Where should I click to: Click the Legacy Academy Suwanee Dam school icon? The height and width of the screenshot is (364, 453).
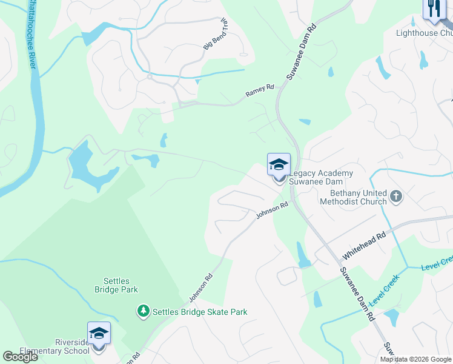click(x=279, y=165)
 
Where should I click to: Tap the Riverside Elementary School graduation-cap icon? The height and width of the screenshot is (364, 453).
click(x=99, y=334)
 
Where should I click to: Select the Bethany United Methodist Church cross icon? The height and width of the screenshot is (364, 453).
click(x=396, y=197)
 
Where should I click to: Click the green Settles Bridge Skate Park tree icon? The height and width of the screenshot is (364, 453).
click(x=143, y=312)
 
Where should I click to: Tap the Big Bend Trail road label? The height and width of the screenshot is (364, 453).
click(x=216, y=33)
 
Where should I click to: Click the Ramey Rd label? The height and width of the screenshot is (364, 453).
click(x=260, y=92)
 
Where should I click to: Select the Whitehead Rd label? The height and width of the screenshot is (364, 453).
click(x=364, y=244)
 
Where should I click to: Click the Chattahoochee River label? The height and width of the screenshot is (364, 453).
click(x=28, y=36)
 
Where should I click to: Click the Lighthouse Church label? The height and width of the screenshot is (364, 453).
click(x=425, y=33)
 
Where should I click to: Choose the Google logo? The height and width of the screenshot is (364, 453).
click(x=20, y=357)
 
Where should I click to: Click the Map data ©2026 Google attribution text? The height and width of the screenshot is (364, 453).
click(x=415, y=359)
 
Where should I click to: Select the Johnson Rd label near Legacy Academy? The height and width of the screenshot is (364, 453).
click(x=272, y=211)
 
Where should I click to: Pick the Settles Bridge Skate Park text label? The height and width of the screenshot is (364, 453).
click(x=200, y=312)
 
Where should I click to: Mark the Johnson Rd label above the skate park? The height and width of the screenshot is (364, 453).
click(x=201, y=287)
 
